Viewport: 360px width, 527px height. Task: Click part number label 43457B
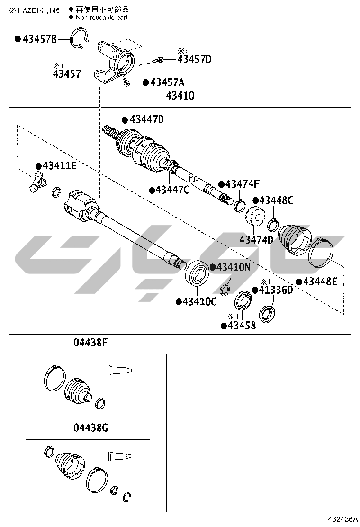click(x=40, y=39)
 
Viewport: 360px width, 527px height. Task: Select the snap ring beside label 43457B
click(x=79, y=37)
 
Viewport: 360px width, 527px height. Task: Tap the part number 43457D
click(x=194, y=59)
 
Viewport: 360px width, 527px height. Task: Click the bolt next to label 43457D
click(x=159, y=60)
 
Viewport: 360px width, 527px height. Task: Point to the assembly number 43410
click(x=180, y=96)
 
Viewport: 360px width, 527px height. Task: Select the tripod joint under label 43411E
click(x=37, y=182)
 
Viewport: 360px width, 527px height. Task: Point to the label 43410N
click(x=233, y=267)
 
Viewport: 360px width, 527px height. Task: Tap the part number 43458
click(x=242, y=326)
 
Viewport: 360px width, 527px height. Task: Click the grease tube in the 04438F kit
click(x=119, y=371)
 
